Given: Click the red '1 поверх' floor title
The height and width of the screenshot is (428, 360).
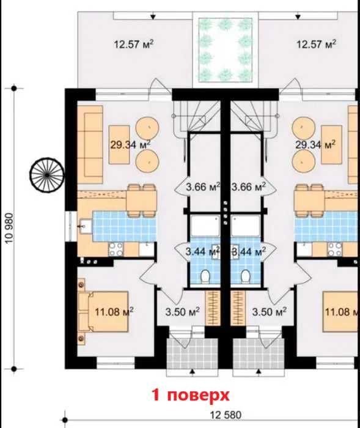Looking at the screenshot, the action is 191,396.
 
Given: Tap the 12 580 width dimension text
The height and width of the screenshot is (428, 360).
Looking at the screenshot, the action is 226,415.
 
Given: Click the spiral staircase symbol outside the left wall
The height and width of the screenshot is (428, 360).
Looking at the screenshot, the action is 47,175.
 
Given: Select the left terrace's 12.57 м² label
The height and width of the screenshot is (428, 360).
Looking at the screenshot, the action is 133,43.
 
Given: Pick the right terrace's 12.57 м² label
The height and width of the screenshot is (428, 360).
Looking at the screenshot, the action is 316,43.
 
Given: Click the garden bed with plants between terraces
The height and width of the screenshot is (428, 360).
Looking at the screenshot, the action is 226,50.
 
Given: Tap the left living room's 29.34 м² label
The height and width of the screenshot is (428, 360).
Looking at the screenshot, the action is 130,144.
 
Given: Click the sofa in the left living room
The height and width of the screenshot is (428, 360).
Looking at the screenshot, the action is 90,144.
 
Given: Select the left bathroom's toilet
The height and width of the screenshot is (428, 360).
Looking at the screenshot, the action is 205,276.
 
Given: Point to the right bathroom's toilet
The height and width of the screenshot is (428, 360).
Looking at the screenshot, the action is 245,276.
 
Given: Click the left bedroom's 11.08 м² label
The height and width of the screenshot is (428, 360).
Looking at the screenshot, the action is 114,311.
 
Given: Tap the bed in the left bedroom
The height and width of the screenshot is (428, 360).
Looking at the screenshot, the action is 103,312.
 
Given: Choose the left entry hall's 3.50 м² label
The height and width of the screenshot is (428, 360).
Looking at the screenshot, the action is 182,311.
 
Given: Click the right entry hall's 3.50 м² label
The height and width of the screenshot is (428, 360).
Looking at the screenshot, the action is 269,311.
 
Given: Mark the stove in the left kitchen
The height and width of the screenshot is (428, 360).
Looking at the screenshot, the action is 116,249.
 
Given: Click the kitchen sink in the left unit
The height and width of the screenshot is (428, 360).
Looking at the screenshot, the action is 85,227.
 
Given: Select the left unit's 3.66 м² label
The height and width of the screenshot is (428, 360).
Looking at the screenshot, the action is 203,187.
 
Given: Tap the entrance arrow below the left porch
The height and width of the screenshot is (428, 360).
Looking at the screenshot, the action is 193,372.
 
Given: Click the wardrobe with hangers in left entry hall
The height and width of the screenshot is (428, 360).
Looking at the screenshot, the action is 213,308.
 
